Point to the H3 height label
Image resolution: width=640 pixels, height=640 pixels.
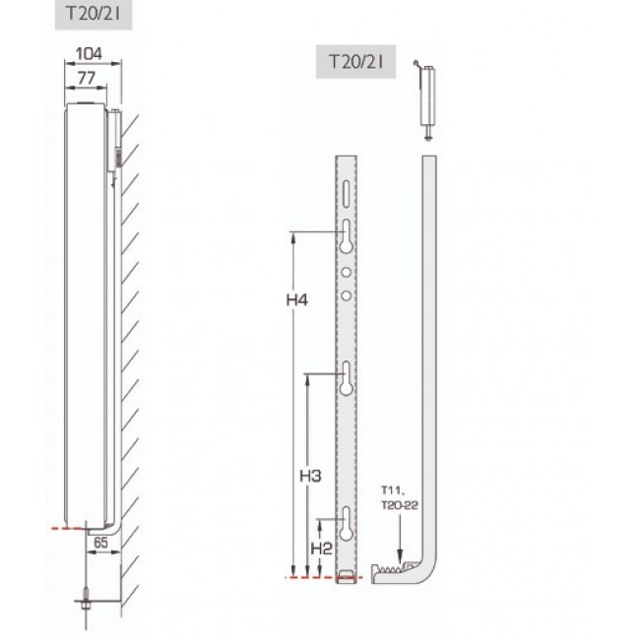pos(311,476)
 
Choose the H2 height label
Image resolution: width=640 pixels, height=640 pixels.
pos(322,547)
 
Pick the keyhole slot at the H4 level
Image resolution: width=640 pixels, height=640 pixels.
pos(349,236)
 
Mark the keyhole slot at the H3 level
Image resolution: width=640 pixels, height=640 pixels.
pos(349,379)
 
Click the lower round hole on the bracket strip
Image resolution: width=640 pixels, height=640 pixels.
pos(348,293)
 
